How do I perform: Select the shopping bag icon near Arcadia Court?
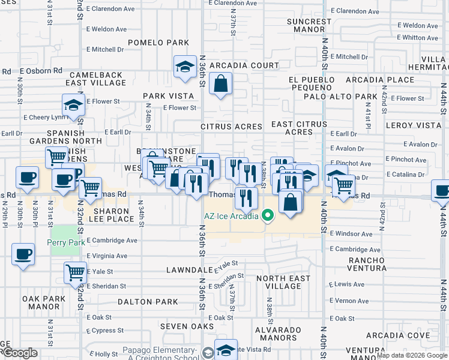[221, 85]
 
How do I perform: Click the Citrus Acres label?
[231, 127]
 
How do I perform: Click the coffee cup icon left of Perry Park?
[23, 254]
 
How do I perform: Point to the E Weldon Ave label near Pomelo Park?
[106, 29]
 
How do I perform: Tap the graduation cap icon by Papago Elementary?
[226, 349]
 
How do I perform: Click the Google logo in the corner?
[20, 353]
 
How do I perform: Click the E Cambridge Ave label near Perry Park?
[112, 240]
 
